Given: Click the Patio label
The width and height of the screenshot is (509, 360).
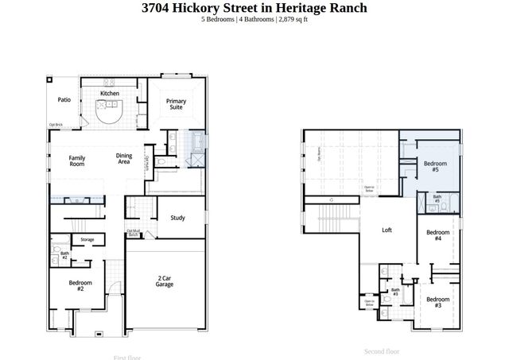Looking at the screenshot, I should (x=64, y=100).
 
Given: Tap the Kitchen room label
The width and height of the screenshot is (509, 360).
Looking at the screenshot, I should (x=110, y=94).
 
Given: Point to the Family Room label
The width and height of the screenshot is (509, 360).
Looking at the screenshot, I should (x=77, y=161).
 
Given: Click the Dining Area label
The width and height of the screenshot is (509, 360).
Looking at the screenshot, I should (x=124, y=159).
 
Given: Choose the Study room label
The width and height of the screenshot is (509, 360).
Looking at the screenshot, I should (x=177, y=218).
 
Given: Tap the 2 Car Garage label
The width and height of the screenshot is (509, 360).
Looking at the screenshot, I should (x=165, y=281).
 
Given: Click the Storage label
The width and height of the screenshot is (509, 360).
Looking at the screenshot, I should (x=87, y=239).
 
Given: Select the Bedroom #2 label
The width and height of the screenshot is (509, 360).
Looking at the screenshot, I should (x=80, y=286).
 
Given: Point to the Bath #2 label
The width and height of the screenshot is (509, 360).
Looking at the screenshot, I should (x=64, y=256).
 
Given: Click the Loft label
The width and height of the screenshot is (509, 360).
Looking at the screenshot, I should (x=387, y=230).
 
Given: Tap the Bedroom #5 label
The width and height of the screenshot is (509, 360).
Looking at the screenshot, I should (x=435, y=167).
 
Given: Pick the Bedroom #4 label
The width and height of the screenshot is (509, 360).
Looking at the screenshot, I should (x=437, y=235).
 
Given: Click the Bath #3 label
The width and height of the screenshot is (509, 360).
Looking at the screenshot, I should (x=395, y=292).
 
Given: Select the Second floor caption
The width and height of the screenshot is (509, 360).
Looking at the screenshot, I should (x=382, y=350).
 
